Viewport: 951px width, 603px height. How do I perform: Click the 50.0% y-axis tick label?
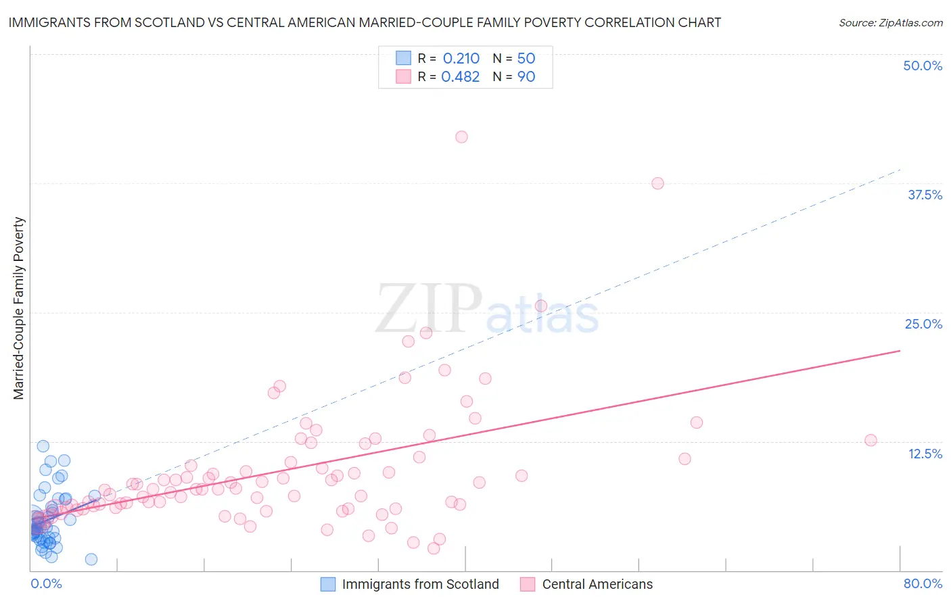pos(923,66)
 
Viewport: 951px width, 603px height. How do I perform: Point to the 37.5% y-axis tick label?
pos(925,195)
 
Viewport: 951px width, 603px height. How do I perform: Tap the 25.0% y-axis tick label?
pos(923,324)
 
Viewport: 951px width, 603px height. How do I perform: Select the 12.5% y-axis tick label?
pos(925,454)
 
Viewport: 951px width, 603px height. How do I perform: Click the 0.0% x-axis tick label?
pos(46,583)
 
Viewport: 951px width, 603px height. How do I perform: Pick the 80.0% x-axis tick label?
pos(923,583)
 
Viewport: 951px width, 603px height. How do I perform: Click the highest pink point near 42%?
pos(461,137)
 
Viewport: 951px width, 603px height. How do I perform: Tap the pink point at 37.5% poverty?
pos(657,183)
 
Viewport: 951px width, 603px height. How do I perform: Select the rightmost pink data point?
pos(871,440)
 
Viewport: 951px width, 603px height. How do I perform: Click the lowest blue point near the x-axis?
pos(91,559)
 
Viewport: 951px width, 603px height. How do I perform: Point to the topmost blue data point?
pos(43,446)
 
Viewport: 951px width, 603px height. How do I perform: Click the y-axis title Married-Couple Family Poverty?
pos(19,308)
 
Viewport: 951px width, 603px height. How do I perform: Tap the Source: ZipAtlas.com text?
pos(890,22)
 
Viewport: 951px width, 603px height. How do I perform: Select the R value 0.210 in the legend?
pos(461,58)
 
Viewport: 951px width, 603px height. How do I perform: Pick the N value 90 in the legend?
pos(526,76)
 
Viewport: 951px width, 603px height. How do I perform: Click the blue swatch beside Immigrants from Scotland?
pos(328,584)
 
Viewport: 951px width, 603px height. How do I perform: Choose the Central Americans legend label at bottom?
pos(597,584)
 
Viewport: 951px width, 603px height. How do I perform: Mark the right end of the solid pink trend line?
pos(900,350)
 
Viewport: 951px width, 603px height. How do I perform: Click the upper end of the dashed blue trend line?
pos(900,170)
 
